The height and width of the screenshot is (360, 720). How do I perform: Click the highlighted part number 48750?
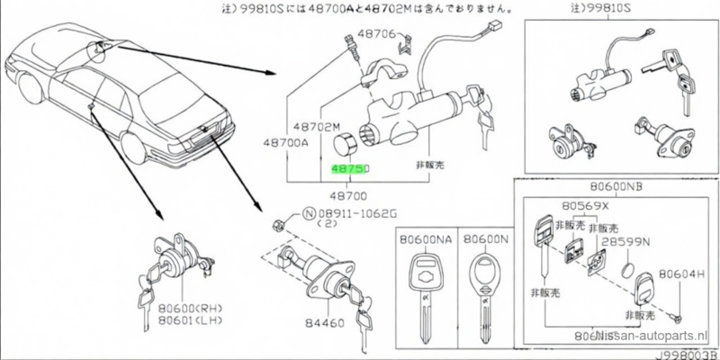pos(349,167)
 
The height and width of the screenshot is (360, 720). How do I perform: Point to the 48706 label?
pos(379,33)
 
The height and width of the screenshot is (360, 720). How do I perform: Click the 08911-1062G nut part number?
pos(355,214)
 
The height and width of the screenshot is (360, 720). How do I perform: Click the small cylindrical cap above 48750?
pos(342,145)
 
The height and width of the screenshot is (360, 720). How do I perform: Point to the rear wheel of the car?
pos(132,149)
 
